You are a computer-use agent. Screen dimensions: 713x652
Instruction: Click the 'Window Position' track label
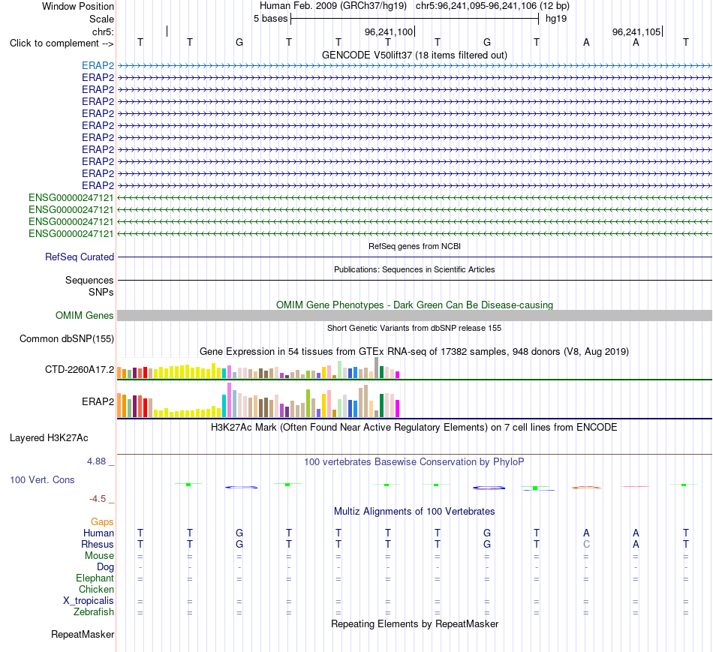coord(78,6)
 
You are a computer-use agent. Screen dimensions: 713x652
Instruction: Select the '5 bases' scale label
coord(270,19)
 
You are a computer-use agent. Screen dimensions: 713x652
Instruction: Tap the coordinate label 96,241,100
coord(389,32)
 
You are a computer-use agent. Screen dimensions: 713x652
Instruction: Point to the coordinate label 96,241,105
coord(636,32)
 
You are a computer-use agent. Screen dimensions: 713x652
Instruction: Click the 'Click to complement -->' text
coord(62,44)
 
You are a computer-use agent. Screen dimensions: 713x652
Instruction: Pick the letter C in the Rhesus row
coord(586,544)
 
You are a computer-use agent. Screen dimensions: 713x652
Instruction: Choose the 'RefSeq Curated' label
coord(80,257)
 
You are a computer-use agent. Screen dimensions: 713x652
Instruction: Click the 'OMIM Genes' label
coord(85,316)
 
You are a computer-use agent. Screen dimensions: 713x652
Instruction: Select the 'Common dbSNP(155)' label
coord(67,338)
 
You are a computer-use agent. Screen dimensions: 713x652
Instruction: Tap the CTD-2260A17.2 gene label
coord(80,370)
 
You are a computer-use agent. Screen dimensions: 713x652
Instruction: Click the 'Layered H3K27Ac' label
coord(49,438)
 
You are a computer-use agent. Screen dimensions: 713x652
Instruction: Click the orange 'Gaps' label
coord(102,522)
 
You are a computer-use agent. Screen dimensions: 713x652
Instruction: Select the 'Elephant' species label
coord(95,578)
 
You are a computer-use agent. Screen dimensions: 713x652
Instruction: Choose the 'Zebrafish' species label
coord(94,612)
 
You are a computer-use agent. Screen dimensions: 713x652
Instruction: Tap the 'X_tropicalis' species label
coord(89,601)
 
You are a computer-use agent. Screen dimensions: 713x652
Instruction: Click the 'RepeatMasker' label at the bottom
coord(83,634)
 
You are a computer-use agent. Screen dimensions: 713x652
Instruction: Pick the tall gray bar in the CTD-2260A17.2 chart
coord(377,368)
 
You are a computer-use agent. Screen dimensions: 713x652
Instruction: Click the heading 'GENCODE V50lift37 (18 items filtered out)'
coord(415,55)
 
